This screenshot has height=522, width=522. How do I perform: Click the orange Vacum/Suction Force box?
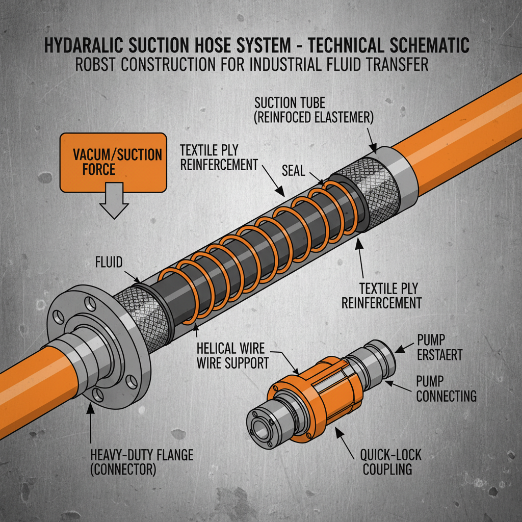pos(113,162)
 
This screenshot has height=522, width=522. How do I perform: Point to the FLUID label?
pos(109,263)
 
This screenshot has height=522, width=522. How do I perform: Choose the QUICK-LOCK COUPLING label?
pos(391,461)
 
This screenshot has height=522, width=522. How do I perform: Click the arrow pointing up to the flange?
pos(90,423)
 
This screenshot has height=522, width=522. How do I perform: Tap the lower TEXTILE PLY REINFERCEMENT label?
pos(381,296)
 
